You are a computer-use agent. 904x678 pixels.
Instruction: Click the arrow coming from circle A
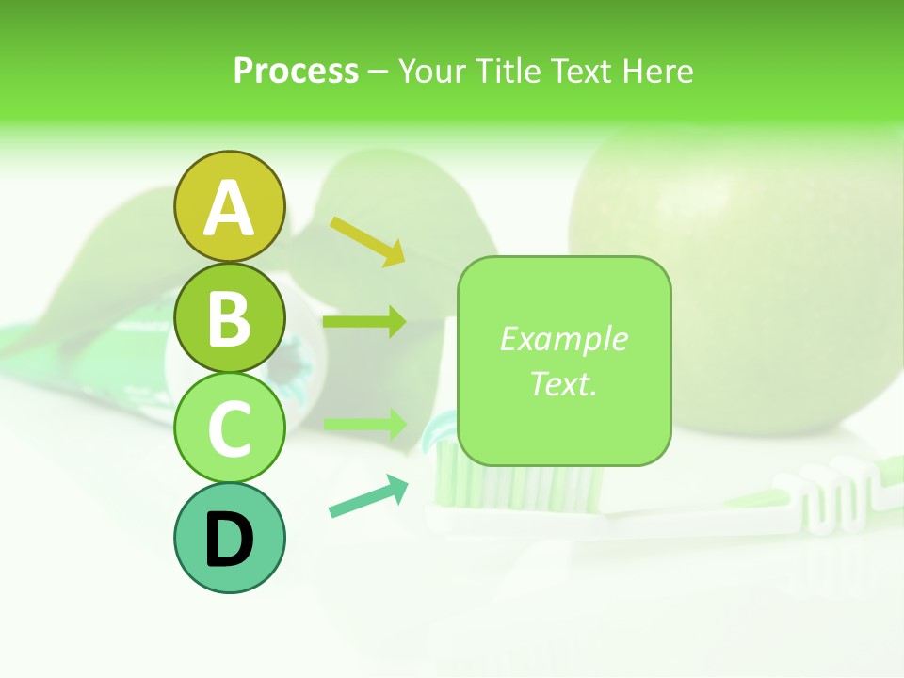click(x=367, y=240)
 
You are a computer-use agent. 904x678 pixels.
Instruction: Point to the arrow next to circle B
click(x=364, y=322)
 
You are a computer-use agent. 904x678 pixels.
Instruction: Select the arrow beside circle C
click(x=365, y=424)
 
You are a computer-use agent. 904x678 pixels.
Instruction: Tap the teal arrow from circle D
click(x=368, y=496)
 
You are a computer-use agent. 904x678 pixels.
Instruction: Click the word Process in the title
click(x=296, y=71)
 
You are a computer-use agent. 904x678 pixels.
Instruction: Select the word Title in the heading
click(x=505, y=71)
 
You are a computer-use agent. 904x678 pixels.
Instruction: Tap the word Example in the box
click(x=564, y=339)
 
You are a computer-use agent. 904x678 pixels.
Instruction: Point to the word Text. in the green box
click(x=564, y=384)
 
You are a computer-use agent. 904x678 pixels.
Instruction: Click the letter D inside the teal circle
click(x=229, y=541)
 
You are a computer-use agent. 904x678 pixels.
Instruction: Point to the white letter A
click(x=229, y=208)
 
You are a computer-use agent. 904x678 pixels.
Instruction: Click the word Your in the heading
click(x=432, y=71)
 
